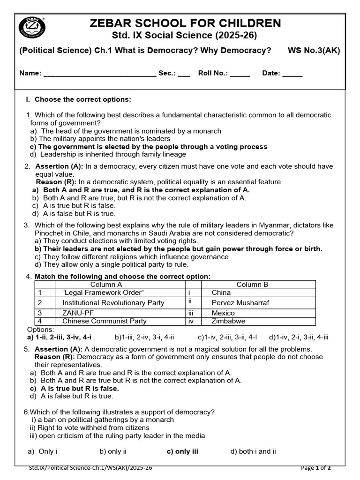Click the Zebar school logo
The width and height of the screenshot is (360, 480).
click(x=31, y=29)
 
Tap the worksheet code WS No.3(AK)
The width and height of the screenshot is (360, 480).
click(x=314, y=51)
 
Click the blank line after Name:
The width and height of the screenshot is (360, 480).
click(x=99, y=74)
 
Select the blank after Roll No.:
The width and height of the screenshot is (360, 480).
click(x=240, y=74)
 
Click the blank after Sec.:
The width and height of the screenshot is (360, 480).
click(x=184, y=74)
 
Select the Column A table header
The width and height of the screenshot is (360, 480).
click(x=106, y=285)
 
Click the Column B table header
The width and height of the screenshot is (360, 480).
click(x=252, y=285)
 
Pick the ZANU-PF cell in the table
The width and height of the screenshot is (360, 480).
click(x=77, y=313)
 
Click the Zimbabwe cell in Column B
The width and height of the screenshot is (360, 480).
click(x=228, y=322)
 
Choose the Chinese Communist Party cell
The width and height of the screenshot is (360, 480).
click(x=104, y=322)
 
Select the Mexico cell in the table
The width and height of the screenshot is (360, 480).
click(x=223, y=313)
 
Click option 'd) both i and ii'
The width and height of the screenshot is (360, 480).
click(x=253, y=451)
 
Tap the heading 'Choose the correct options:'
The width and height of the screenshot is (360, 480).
click(x=83, y=99)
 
